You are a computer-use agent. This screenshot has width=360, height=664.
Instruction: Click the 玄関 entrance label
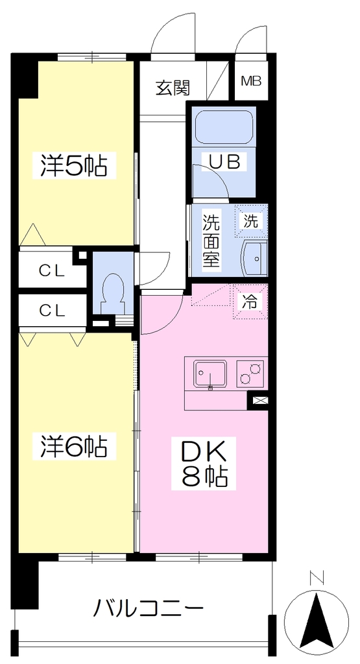pos(173,88)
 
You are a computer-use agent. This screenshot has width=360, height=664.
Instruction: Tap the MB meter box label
pos(251,80)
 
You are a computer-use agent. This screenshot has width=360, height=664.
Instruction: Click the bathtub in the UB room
pos(224,128)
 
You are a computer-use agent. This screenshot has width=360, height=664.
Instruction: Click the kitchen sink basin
pos(210,374)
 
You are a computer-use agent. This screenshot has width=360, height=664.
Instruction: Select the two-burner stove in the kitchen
pos(250,373)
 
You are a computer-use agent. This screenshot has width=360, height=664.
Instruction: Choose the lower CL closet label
pos(53,311)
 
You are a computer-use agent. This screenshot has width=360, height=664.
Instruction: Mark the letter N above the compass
pos(317,578)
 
